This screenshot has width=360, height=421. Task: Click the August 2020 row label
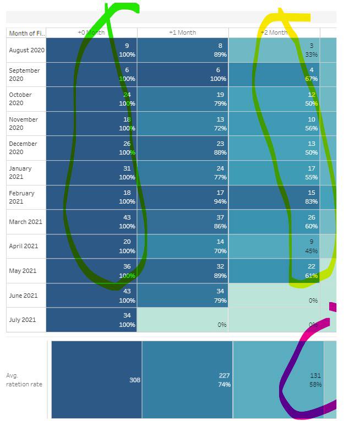pos(26,50)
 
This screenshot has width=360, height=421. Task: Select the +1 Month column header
pos(182,32)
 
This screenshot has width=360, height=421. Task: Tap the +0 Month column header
pos(91,32)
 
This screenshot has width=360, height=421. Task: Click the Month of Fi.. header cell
pos(26,33)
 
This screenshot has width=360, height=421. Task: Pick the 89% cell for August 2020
pos(183,50)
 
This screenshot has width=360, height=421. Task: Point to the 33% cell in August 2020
pos(274,50)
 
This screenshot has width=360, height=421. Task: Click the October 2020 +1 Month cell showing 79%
pos(183,99)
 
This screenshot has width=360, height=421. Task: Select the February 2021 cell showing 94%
pos(183,198)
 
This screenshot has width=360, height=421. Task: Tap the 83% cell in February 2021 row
pos(274,198)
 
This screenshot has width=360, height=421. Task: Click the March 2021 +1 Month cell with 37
pos(183,222)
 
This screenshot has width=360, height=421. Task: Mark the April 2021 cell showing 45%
pos(274,246)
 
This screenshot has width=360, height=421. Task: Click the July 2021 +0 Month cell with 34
pos(91,320)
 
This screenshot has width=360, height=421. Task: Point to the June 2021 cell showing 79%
pos(183,296)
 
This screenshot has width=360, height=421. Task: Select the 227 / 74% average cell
pos(187,380)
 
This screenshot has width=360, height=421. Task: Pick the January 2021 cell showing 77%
pos(183,173)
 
